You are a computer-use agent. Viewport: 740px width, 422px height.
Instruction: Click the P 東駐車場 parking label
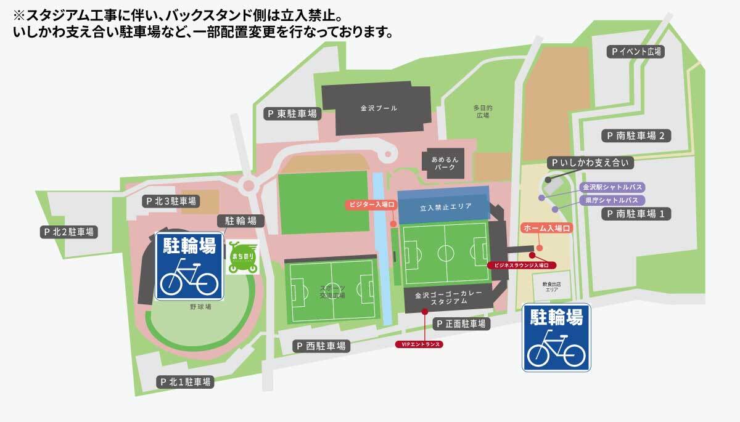[292, 113]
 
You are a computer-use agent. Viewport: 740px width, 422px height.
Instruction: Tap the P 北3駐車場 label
[171, 201]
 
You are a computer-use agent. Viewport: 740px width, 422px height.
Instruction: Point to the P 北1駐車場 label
[185, 382]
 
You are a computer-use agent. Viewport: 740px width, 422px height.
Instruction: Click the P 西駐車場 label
[321, 346]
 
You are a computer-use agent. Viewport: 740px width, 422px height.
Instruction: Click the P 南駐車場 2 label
[635, 136]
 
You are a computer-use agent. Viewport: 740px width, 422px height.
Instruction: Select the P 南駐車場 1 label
[635, 214]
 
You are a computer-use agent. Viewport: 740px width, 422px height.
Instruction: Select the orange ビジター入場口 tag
[369, 204]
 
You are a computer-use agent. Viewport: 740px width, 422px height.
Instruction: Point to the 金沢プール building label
[379, 108]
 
